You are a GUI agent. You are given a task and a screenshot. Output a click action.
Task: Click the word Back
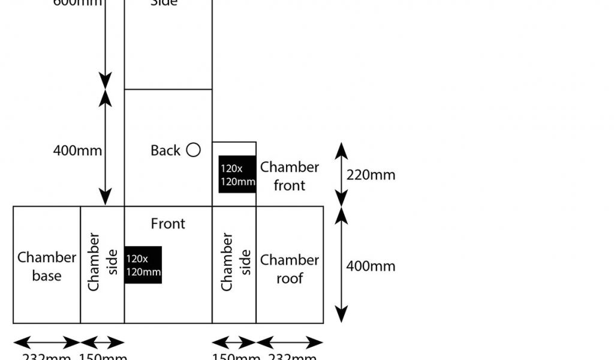165,151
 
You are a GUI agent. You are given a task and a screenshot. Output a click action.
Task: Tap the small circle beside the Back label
193,150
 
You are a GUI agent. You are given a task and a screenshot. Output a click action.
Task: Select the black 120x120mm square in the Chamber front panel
237,175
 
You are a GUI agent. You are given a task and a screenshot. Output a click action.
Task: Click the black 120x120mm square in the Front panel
143,265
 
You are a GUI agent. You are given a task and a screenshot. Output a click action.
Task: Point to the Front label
168,224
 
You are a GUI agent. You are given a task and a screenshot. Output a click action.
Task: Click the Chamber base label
47,266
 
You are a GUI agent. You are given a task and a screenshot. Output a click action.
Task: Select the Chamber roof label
289,269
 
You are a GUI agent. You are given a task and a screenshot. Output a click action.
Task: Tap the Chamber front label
289,176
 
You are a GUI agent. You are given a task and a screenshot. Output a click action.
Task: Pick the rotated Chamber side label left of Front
103,262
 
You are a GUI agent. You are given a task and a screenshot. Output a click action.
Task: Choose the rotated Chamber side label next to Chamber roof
236,262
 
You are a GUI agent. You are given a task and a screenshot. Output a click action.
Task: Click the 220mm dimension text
371,175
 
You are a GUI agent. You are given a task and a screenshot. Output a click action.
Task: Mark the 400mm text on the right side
371,266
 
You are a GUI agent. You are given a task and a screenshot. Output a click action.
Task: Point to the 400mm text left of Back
77,151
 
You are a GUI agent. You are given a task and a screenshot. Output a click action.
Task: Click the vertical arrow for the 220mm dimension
341,175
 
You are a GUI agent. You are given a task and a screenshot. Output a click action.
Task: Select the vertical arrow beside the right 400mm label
341,265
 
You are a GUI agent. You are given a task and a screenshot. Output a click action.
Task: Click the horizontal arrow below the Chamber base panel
47,343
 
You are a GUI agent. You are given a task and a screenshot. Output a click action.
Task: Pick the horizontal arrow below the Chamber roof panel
290,343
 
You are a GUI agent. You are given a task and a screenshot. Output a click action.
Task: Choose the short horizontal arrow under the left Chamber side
103,343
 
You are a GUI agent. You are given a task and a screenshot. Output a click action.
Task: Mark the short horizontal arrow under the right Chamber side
234,343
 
